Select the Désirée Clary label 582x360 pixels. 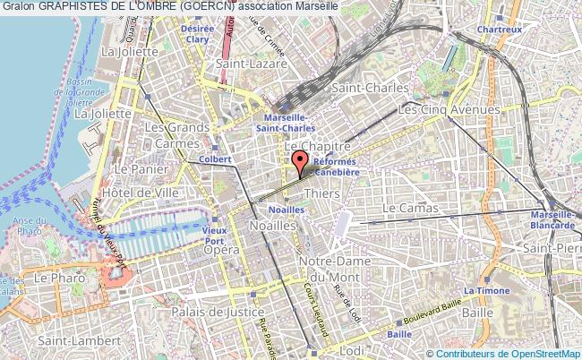coord(197,33)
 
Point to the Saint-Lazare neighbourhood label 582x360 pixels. coord(251,64)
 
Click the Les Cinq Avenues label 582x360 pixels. coord(449,109)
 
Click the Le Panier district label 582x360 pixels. coord(136,168)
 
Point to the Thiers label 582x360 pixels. coord(321,193)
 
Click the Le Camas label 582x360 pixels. coord(410,208)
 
